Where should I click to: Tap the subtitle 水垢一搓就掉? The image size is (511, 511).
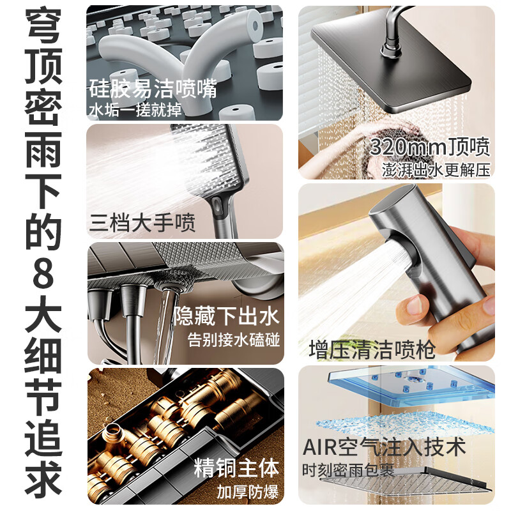tap(135, 110)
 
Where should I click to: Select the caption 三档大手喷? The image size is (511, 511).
tap(142, 223)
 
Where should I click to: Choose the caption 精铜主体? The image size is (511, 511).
tap(236, 468)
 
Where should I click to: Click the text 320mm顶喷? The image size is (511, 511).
tap(430, 148)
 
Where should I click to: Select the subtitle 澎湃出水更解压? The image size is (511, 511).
tap(436, 170)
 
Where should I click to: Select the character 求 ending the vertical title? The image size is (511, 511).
tap(43, 480)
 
